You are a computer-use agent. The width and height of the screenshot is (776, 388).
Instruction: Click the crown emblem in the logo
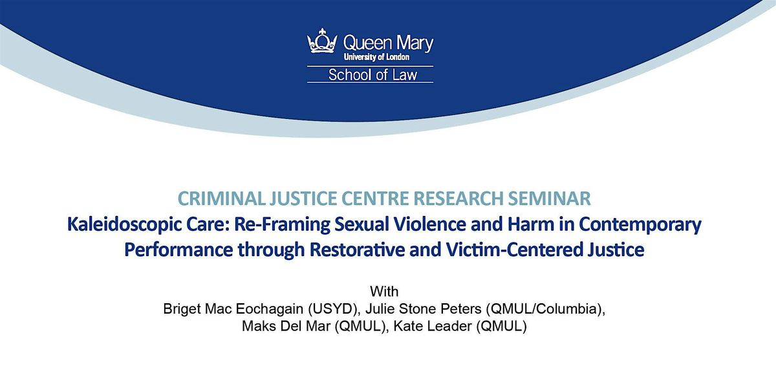(322, 41)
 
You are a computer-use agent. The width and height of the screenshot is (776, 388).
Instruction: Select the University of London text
(376, 57)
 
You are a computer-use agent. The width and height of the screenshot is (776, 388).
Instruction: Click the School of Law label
(372, 75)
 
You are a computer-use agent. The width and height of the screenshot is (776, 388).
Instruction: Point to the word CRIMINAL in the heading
(221, 199)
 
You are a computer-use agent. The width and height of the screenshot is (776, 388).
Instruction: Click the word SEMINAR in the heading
(549, 199)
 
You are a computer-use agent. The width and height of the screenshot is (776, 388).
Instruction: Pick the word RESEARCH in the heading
(458, 199)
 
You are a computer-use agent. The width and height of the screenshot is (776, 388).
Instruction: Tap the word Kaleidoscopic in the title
(124, 225)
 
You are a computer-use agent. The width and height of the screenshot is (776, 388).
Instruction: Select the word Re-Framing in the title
(282, 225)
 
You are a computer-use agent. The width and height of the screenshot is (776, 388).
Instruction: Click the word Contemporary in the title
(640, 225)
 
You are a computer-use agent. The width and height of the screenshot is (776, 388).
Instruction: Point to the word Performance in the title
(178, 250)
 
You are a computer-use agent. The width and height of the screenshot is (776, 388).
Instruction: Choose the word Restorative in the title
(357, 250)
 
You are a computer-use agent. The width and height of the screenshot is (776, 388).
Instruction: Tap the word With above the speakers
(384, 292)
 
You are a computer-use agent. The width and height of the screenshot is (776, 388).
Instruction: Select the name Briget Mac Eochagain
(233, 308)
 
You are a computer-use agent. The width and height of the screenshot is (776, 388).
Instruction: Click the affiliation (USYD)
(332, 309)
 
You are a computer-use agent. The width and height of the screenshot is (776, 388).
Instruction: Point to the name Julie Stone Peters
(424, 308)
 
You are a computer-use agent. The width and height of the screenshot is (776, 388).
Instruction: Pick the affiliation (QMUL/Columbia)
(545, 309)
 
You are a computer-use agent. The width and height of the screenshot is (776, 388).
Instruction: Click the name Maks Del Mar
(286, 326)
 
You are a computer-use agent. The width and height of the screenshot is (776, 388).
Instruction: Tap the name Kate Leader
(433, 326)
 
